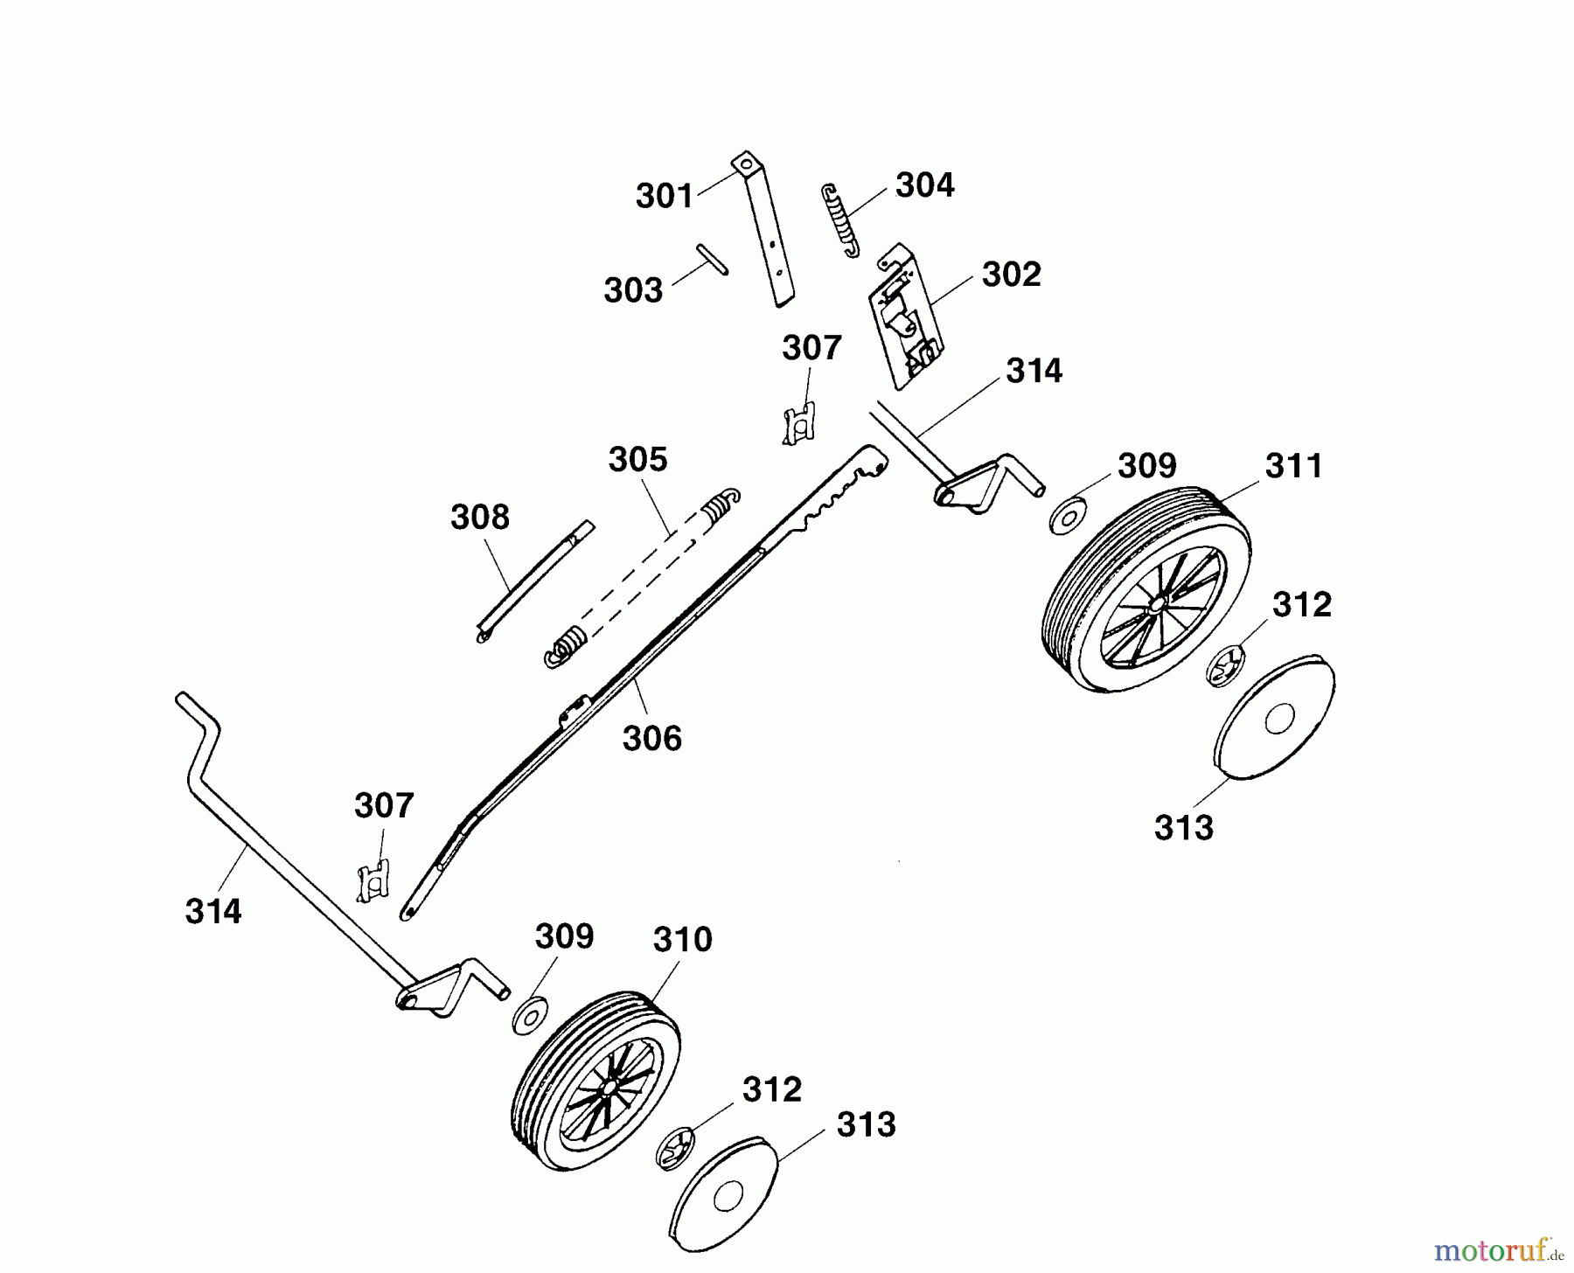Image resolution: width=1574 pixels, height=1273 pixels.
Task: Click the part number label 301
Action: [x=665, y=196]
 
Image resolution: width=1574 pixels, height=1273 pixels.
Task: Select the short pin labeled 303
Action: [x=713, y=259]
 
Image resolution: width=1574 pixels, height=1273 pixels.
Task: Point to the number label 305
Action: [x=637, y=459]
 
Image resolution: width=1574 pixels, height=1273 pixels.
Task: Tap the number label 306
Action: [x=651, y=739]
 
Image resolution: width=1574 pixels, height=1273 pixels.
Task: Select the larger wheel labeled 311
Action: [x=1146, y=590]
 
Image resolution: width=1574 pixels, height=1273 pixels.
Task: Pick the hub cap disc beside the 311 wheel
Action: [x=1275, y=714]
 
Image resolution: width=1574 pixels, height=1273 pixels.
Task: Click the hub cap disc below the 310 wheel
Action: [x=725, y=1197]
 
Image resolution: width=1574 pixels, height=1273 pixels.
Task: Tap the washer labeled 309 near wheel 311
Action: [x=1066, y=514]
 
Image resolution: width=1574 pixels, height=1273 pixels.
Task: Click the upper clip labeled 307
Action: [x=799, y=423]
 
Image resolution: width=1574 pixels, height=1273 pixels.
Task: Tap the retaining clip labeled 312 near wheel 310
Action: [x=674, y=1149]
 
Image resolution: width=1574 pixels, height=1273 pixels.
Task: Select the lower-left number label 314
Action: [x=213, y=912]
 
